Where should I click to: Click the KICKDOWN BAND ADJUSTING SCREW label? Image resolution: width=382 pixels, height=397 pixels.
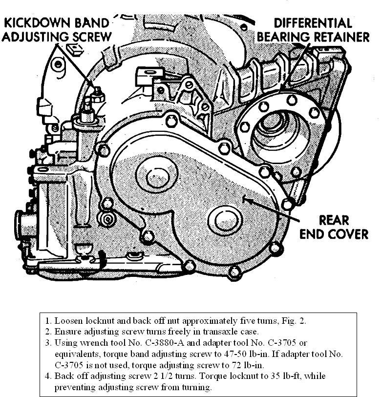[x=58, y=29]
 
